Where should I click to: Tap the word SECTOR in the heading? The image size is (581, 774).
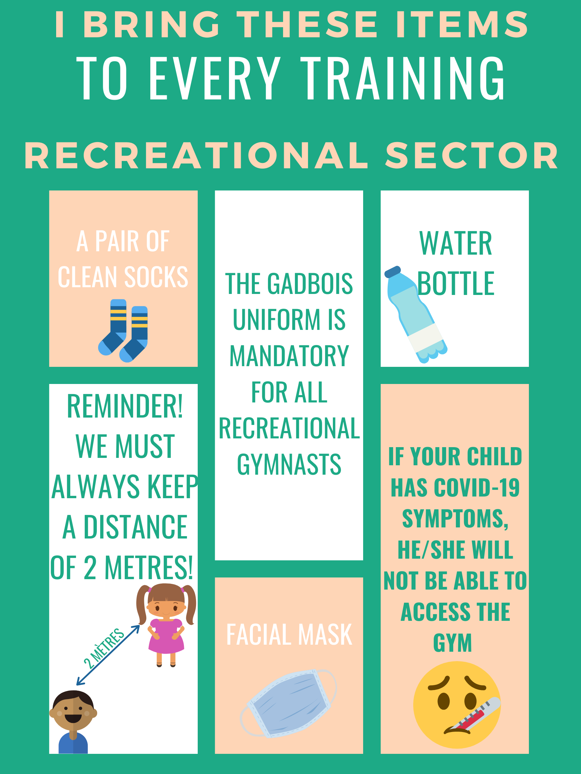tap(472, 156)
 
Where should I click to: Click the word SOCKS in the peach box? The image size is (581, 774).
tap(156, 277)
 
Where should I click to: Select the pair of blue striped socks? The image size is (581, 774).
tap(123, 330)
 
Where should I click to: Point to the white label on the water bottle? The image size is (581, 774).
tap(426, 338)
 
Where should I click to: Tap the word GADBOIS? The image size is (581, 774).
tap(310, 284)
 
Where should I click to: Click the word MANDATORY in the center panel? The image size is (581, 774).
tap(289, 356)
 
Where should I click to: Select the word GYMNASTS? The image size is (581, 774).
tap(289, 464)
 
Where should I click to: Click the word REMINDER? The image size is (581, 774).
tap(125, 406)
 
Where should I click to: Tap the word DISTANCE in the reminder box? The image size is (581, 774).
tap(135, 527)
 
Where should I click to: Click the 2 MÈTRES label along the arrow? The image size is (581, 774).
tap(104, 648)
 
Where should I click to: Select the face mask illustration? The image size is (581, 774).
tap(288, 704)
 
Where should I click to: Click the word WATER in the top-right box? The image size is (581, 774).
tap(456, 243)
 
